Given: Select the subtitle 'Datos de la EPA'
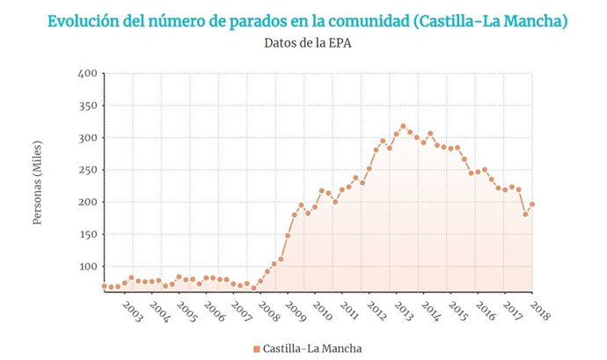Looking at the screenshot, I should [304, 41].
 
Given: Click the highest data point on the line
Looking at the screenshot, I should [403, 126].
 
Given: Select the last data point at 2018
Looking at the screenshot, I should [532, 204].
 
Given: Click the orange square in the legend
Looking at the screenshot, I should [256, 349].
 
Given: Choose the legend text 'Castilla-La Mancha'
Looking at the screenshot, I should [312, 349].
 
